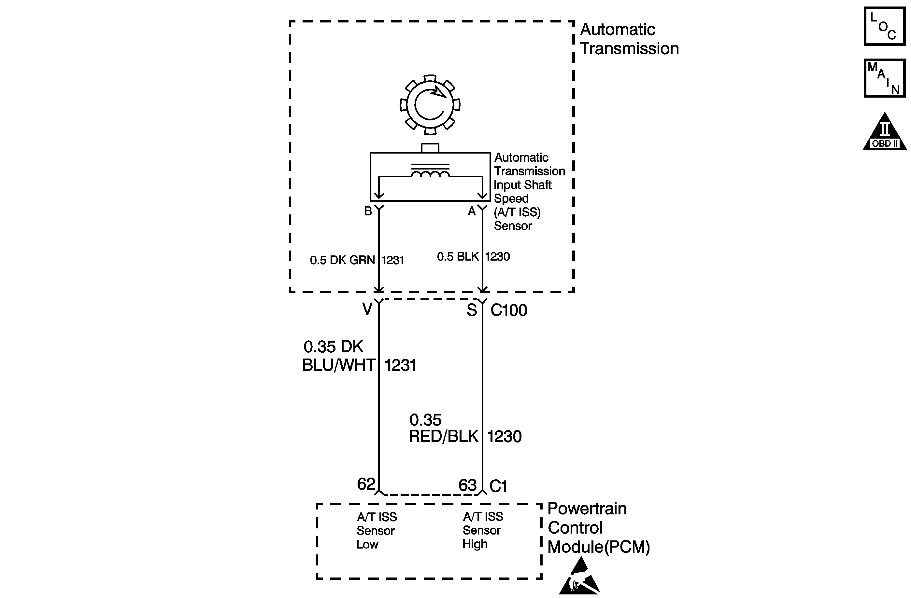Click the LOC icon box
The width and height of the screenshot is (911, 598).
click(x=884, y=26)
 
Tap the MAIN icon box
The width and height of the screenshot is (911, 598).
click(x=884, y=78)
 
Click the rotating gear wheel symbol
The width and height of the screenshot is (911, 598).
click(x=430, y=105)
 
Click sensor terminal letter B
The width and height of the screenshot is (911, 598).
click(x=368, y=211)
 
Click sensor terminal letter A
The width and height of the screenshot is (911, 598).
click(x=472, y=211)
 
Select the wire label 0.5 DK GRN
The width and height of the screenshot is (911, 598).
click(x=342, y=260)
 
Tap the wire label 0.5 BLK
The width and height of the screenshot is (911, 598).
click(x=458, y=257)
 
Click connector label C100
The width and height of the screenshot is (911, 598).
click(x=509, y=310)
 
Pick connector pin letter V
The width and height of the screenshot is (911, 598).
click(x=367, y=309)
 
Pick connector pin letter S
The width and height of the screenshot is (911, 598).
click(x=472, y=310)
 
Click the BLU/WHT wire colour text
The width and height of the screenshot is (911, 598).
click(x=339, y=365)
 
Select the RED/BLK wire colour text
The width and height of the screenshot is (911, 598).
click(x=444, y=437)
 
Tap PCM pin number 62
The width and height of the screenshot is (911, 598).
click(x=366, y=484)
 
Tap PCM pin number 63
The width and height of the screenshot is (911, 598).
click(x=467, y=485)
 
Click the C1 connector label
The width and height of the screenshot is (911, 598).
click(x=498, y=486)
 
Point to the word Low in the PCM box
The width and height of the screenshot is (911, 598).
click(x=367, y=544)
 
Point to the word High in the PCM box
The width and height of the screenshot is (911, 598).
click(x=475, y=544)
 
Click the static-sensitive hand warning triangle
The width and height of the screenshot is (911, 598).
click(x=579, y=578)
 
